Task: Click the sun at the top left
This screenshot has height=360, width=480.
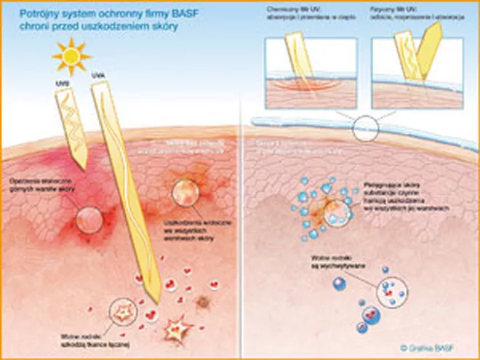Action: (x=72, y=57)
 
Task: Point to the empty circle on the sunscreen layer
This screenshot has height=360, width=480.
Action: (x=365, y=129)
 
